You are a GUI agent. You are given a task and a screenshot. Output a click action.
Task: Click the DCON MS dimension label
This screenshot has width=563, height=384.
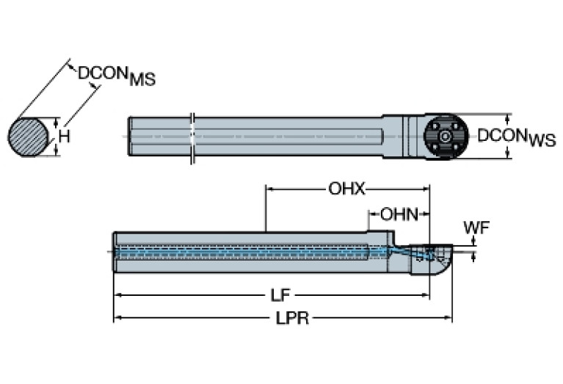click(117, 75)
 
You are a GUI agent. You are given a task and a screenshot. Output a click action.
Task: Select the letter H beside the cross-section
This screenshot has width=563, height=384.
click(65, 137)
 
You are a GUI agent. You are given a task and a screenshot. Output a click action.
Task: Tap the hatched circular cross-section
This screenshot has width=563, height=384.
click(28, 137)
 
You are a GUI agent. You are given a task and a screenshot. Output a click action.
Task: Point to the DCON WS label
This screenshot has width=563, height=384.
click(516, 137)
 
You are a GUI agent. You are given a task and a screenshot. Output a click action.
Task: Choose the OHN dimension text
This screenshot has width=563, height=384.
click(399, 214)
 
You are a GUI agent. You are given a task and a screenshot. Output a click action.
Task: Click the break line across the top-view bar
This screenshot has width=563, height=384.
click(192, 137)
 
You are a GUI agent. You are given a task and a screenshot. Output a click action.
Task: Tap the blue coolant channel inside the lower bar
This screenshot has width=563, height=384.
click(242, 251)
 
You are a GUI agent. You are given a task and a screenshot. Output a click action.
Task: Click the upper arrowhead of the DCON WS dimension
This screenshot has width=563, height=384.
click(507, 118)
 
